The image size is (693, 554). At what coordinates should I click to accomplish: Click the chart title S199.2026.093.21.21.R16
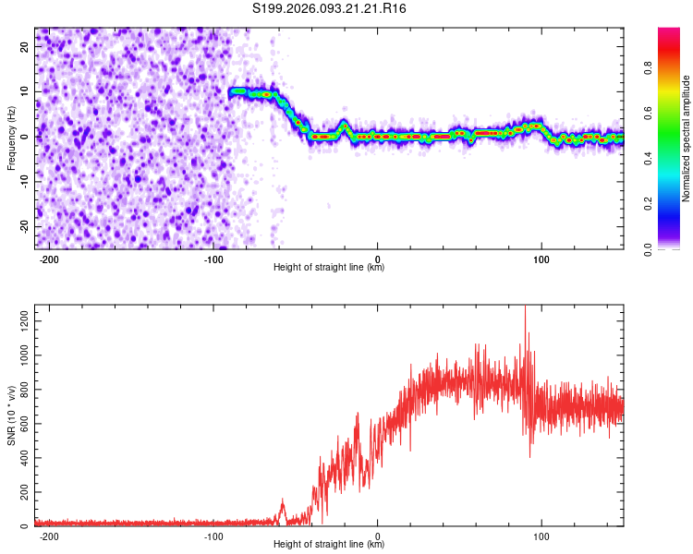pos(330,8)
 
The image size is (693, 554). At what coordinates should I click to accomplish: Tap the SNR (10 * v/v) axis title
pos(11,415)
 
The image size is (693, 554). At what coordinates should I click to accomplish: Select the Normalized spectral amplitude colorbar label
pos(687,138)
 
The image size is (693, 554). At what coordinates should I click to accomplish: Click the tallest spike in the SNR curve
pos(526,307)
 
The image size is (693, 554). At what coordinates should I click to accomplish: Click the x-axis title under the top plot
pos(329,268)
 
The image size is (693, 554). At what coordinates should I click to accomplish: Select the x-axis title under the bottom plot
pos(329,546)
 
